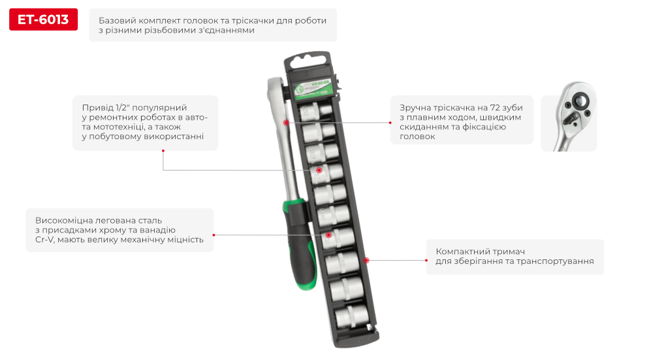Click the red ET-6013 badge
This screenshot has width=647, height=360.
(x=43, y=20)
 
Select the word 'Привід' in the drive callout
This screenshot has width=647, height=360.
(x=97, y=107)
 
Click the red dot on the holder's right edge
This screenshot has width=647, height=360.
(x=366, y=260)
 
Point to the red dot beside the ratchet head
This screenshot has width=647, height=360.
(x=286, y=122)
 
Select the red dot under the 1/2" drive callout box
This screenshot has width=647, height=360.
(x=163, y=151)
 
